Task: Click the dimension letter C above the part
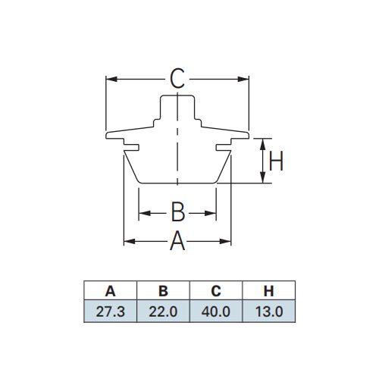coord(177,79)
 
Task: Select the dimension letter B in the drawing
coord(178,211)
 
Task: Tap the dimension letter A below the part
coord(177,241)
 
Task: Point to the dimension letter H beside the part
coord(276,161)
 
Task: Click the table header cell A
coord(110,291)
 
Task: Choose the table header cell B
coord(163,291)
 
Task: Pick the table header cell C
coord(216,291)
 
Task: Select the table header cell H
coord(268,291)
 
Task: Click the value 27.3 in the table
coord(111,312)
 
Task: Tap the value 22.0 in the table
coord(163,312)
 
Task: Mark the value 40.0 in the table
coord(216,312)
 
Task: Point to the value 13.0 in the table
coord(269,312)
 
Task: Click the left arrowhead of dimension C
coord(111,79)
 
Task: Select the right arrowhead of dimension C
coord(243,79)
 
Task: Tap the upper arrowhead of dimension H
coord(263,144)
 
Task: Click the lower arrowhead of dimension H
coord(263,177)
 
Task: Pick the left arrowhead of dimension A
coord(130,242)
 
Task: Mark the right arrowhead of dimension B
coord(210,213)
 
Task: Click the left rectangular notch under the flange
coord(131,147)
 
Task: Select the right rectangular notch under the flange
coord(224,147)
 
